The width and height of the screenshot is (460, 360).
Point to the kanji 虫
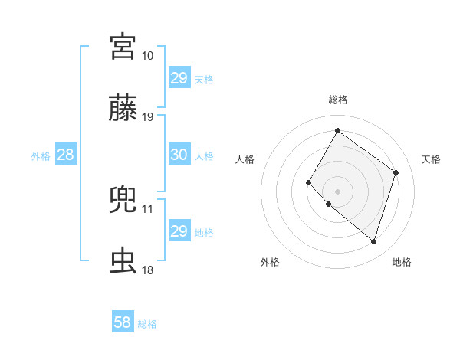pyautogui.click(x=123, y=261)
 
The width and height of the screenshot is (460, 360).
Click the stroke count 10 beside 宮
pyautogui.click(x=147, y=56)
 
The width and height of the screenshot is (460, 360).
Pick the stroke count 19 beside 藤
pyautogui.click(x=147, y=117)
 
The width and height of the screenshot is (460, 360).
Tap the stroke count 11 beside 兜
pyautogui.click(x=147, y=208)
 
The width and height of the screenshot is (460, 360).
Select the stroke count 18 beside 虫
pyautogui.click(x=147, y=270)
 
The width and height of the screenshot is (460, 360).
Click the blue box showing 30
pyautogui.click(x=179, y=155)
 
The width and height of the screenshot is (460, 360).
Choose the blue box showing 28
pyautogui.click(x=65, y=155)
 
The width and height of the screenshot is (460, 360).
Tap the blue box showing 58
pyautogui.click(x=122, y=322)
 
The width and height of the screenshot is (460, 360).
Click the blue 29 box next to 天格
pyautogui.click(x=179, y=78)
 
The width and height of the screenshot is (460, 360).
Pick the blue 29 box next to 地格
pyautogui.click(x=179, y=231)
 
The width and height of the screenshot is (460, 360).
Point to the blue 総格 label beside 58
pyautogui.click(x=147, y=324)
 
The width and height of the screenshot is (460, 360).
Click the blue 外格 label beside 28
pyautogui.click(x=41, y=155)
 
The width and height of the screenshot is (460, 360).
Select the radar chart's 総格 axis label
pyautogui.click(x=337, y=100)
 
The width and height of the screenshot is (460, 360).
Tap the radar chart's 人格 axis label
pyautogui.click(x=245, y=159)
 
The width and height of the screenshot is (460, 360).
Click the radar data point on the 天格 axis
pyautogui.click(x=396, y=172)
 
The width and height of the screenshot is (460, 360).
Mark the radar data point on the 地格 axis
pyautogui.click(x=373, y=242)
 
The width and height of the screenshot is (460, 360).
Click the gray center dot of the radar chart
pyautogui.click(x=337, y=191)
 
